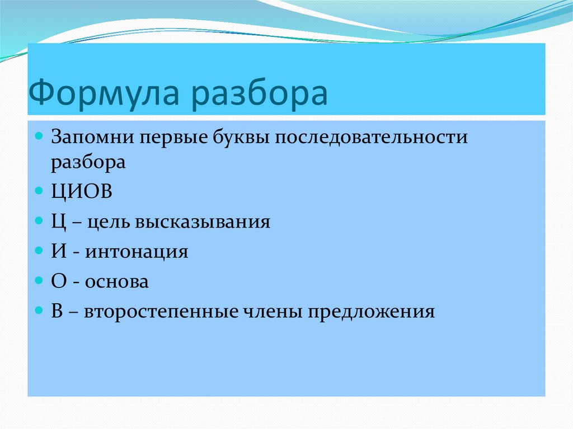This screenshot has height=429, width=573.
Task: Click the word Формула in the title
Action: click(104, 93)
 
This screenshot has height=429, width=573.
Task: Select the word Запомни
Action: click(92, 138)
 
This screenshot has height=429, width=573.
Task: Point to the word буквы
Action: click(241, 136)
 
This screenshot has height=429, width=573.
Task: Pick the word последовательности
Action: click(371, 138)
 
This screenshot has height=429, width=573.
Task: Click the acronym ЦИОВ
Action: click(82, 191)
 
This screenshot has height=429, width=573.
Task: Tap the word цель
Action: click(108, 222)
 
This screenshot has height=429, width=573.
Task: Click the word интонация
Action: click(137, 252)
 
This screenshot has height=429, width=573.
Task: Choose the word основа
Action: click(117, 282)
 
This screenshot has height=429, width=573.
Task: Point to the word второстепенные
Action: click(161, 312)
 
